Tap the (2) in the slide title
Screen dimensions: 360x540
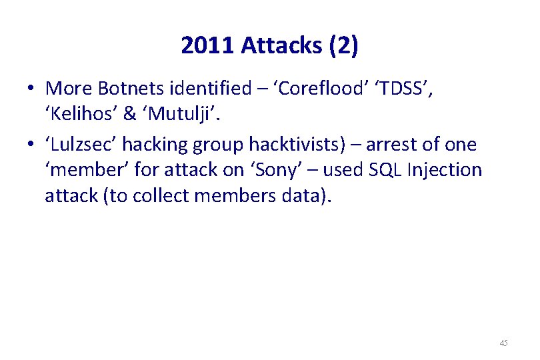[342, 45]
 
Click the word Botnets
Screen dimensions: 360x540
[123, 88]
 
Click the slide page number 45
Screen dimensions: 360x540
[503, 343]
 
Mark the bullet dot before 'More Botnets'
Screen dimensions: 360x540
[31, 89]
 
